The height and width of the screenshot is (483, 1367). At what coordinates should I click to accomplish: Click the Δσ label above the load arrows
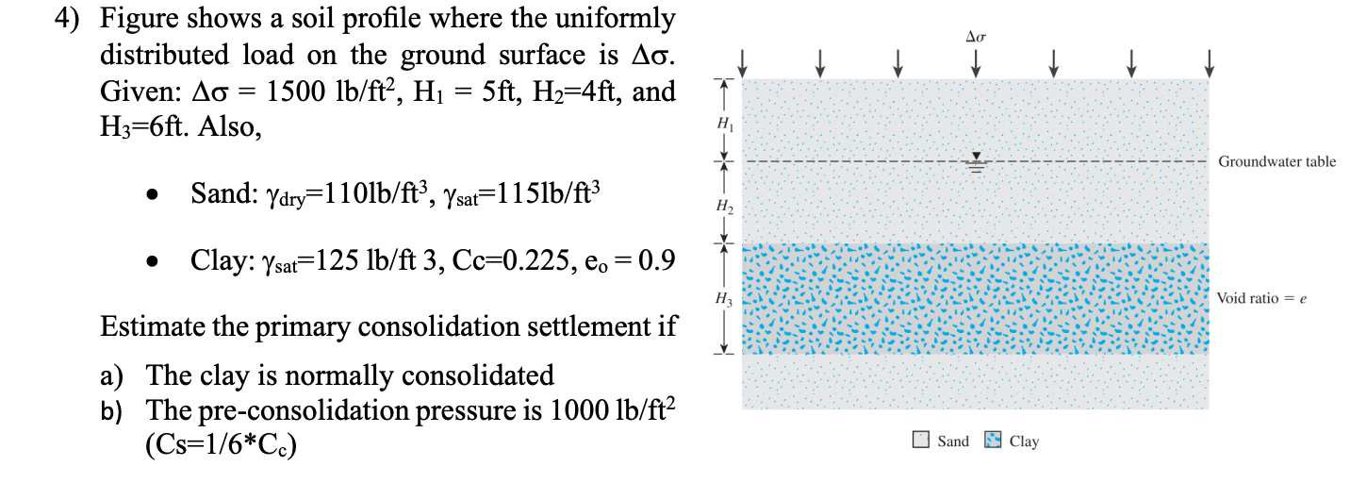(975, 37)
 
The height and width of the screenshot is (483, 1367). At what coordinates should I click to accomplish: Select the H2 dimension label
(723, 204)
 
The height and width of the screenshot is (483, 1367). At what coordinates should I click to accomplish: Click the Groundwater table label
(1276, 162)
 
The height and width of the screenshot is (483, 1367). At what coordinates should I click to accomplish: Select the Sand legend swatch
(921, 441)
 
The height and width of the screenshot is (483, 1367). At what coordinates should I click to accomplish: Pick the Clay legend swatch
(993, 441)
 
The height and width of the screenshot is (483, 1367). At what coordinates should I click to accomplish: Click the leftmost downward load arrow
(743, 61)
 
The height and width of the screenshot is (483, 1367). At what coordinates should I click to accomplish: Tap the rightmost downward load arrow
(1209, 61)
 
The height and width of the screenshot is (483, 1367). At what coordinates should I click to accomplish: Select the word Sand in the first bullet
(220, 195)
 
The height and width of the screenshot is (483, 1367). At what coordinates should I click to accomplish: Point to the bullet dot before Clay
(151, 261)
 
